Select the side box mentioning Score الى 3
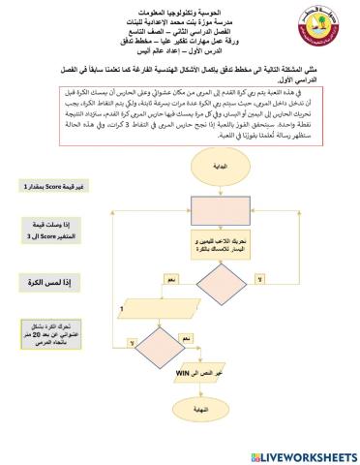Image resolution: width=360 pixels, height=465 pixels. click(45, 233)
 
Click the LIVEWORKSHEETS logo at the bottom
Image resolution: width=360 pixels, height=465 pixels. click(302, 454)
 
